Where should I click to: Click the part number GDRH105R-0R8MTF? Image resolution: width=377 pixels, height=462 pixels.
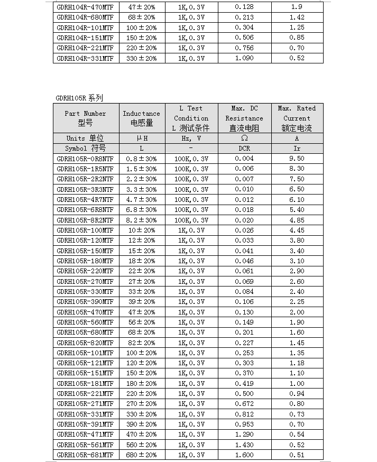[85, 159]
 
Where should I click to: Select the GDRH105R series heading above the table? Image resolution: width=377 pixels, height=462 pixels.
[79, 98]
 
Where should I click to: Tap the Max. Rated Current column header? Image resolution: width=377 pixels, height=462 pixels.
[297, 118]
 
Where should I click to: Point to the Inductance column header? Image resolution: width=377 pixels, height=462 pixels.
[141, 118]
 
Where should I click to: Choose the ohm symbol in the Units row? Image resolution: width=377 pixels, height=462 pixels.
[244, 138]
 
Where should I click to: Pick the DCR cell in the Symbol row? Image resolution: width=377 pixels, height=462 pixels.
[244, 149]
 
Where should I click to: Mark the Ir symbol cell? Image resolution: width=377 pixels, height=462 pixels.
[297, 149]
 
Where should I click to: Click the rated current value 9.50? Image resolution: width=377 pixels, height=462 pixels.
[297, 159]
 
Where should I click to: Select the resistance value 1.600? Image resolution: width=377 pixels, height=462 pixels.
[244, 455]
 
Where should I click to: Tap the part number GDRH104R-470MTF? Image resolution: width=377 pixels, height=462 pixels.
[85, 7]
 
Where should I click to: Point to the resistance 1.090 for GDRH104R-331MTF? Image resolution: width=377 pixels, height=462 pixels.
[244, 58]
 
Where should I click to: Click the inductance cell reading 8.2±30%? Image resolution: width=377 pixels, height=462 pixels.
[141, 220]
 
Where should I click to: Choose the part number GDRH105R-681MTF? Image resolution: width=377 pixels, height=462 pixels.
[85, 455]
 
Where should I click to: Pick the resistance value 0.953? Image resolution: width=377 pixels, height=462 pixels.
[244, 424]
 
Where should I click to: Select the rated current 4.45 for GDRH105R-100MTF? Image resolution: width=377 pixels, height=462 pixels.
[297, 230]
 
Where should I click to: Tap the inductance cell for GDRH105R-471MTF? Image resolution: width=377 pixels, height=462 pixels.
[141, 434]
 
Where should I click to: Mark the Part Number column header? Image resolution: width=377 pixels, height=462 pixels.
[85, 118]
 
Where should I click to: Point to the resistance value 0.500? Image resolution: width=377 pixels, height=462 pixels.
[244, 393]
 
